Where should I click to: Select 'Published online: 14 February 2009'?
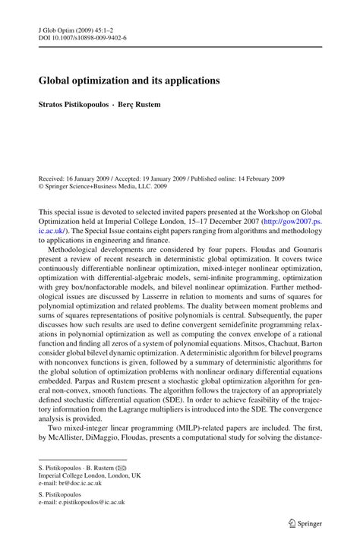[x=245, y=153]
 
